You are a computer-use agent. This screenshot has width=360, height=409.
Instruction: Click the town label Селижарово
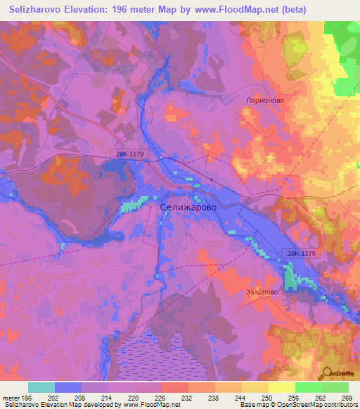pyautogui.click(x=188, y=207)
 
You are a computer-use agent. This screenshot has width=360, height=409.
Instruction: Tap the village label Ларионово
pyautogui.click(x=264, y=100)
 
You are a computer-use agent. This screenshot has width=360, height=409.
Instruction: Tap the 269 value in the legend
pyautogui.click(x=347, y=397)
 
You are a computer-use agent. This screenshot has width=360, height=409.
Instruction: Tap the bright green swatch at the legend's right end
pyautogui.click(x=335, y=387)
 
